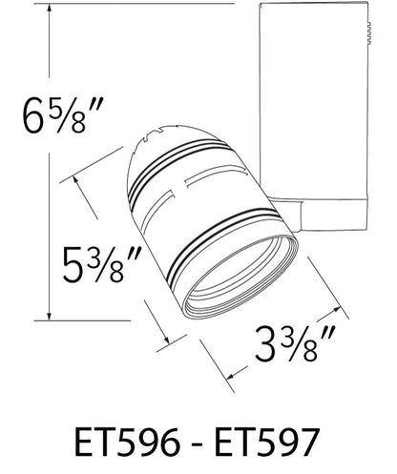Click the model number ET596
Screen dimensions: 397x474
point(127,443)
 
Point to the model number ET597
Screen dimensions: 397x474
point(266,443)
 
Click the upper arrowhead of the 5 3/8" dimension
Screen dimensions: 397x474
point(75,180)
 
